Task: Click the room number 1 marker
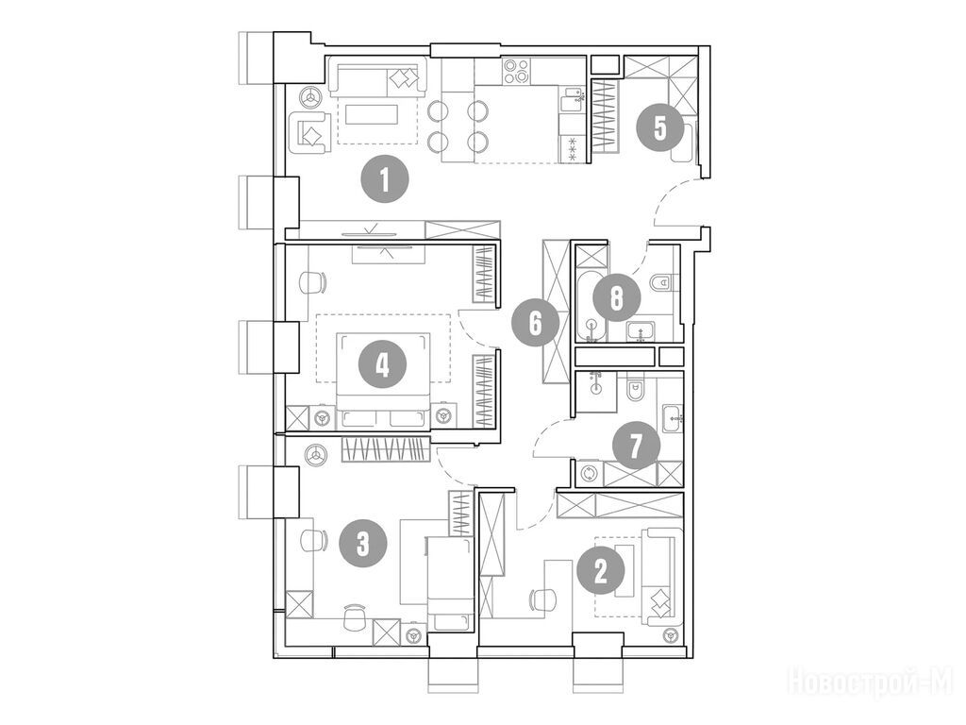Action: (385, 180)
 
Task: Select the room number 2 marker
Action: (601, 571)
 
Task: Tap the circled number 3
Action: (363, 543)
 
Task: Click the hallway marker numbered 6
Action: (536, 323)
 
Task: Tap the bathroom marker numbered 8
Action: (616, 298)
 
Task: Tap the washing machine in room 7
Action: (591, 473)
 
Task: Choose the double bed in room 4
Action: (383, 379)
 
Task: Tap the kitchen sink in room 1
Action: (573, 98)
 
